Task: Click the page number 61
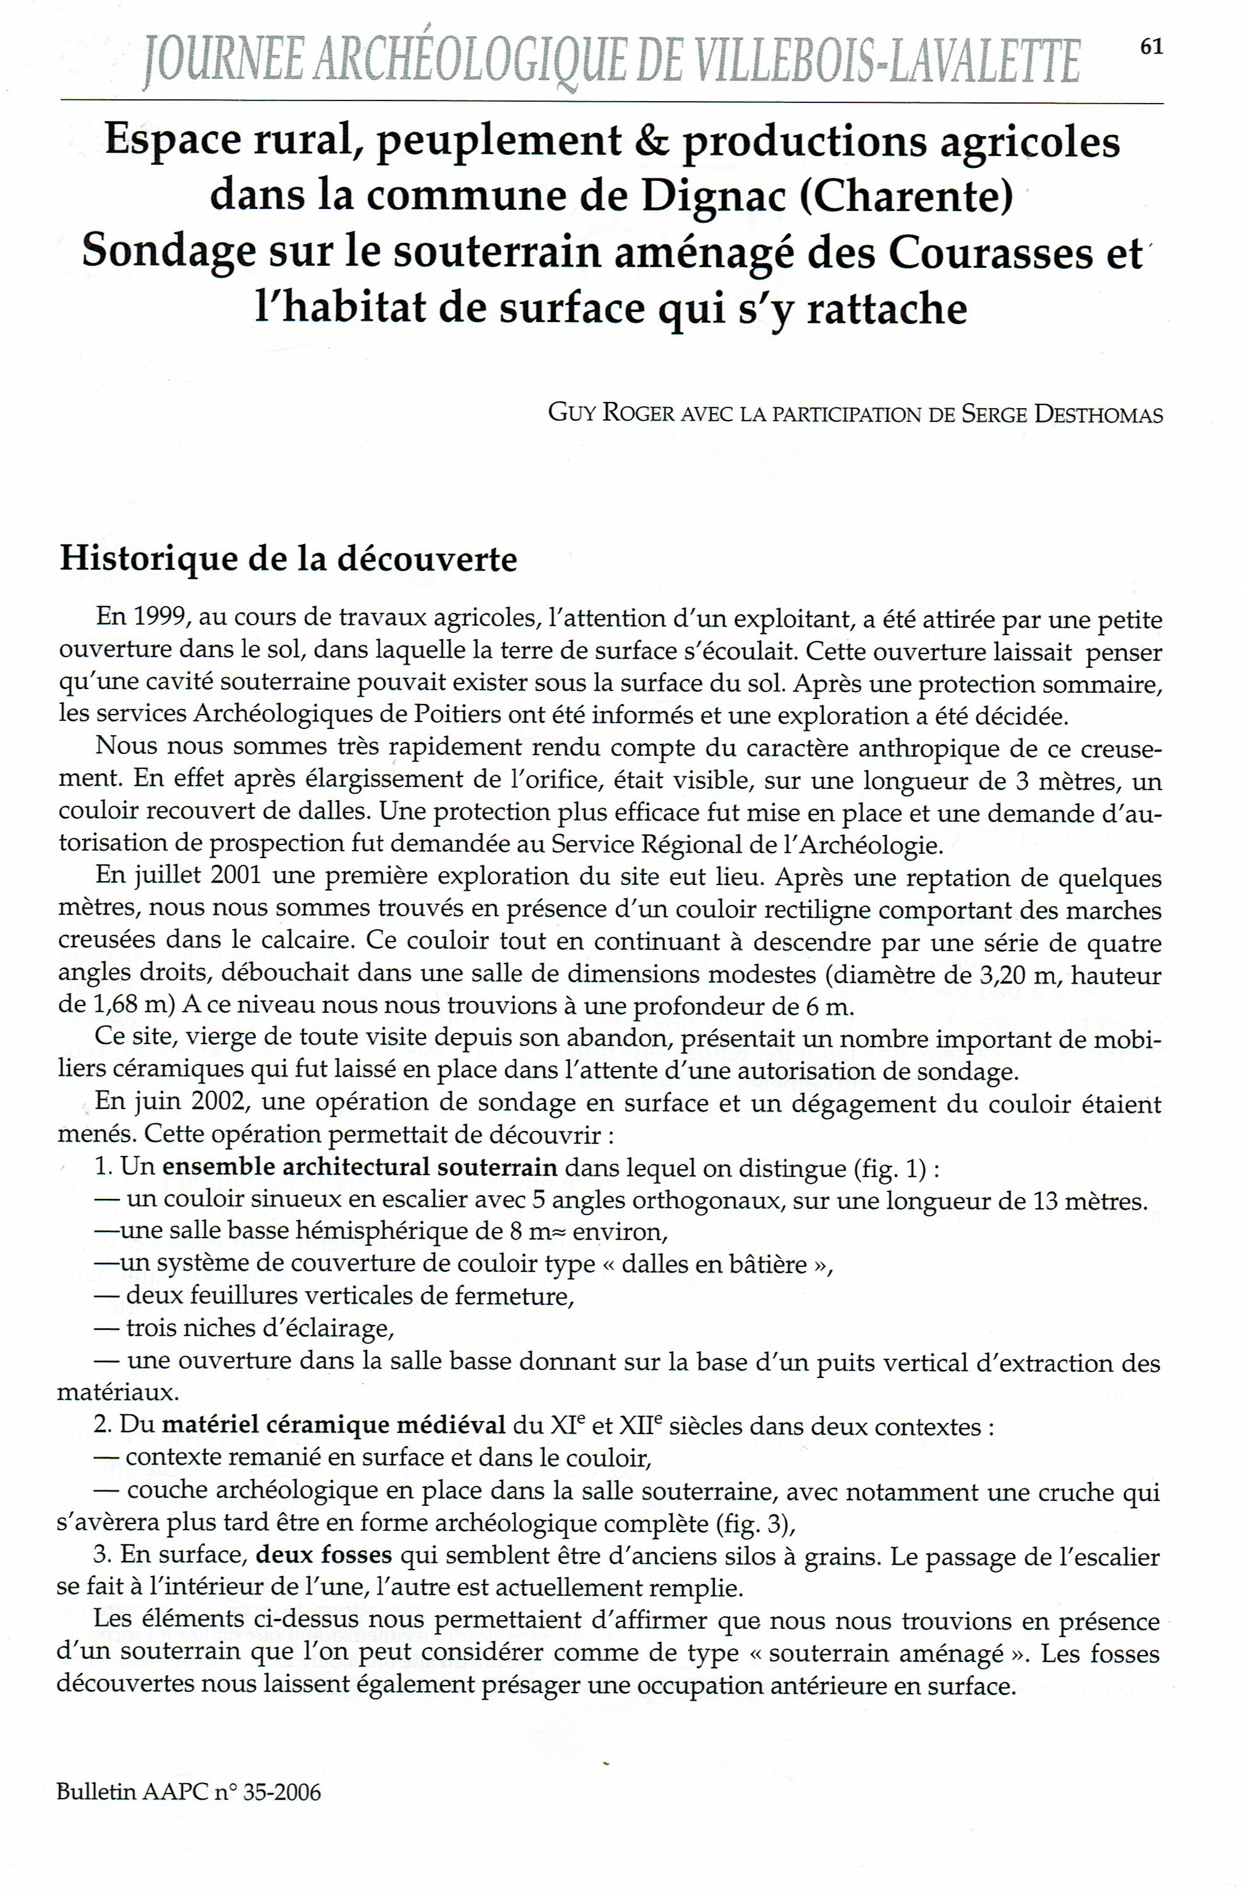coord(1152,47)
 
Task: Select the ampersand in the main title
coord(651,142)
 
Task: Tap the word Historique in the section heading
coord(149,559)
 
